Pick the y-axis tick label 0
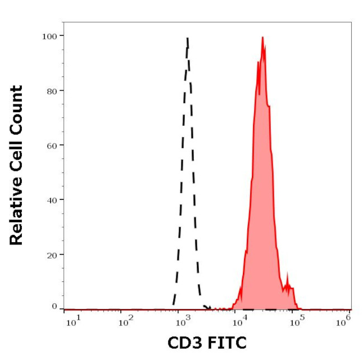[54, 306]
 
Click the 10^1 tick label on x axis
[73, 320]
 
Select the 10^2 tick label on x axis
[126, 320]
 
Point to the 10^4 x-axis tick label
[239, 320]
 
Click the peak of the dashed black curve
[188, 39]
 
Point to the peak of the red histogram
[262, 38]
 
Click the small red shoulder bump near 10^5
[288, 276]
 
